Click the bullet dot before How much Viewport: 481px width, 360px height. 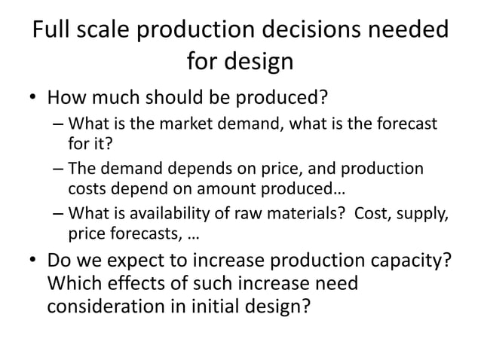pyautogui.click(x=31, y=100)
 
